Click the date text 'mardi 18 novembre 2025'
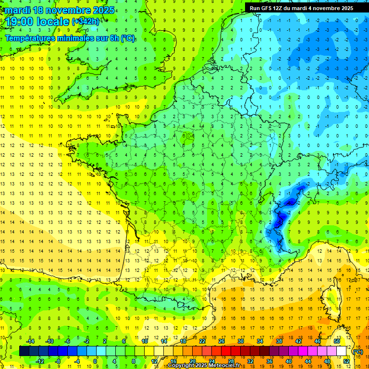pos(60,10)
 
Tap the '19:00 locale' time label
pos(37,21)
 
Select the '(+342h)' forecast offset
pos(86,22)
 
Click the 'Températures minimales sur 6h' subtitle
pos(70,38)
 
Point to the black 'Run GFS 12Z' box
pos(301,8)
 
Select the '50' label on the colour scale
pos(337,341)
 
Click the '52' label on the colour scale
pos(346,361)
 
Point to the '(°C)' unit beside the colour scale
pos(357,351)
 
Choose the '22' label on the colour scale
pos(202,341)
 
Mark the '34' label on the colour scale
pos(260,341)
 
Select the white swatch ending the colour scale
pos(342,351)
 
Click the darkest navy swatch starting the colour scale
pos(25,351)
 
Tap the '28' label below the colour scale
pos(231,361)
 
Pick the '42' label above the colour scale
pos(298,341)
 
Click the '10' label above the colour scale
pos(145,341)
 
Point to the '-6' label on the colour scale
pos(68,341)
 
